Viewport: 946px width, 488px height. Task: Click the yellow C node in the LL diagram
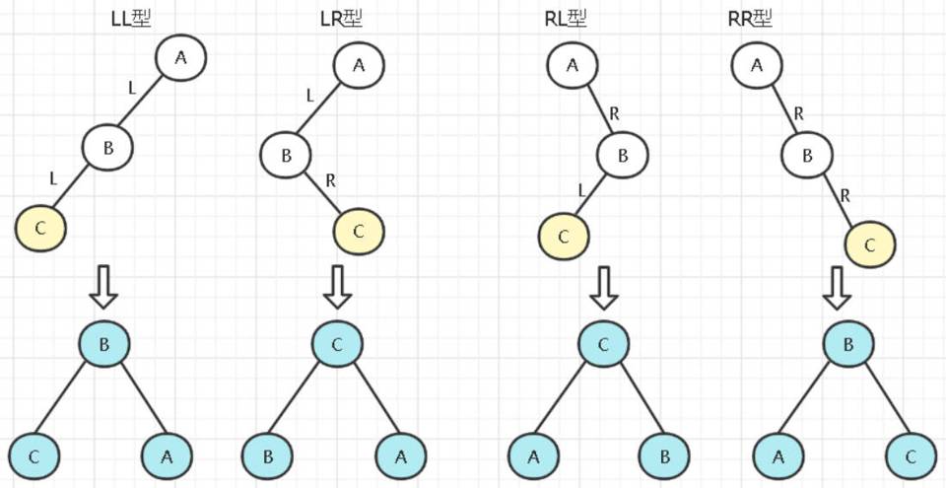(x=40, y=229)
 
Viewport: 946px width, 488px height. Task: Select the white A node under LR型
(x=359, y=65)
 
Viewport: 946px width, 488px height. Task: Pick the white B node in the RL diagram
(x=623, y=155)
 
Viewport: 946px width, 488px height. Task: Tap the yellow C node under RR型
(x=869, y=243)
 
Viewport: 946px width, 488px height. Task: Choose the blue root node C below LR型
(x=338, y=343)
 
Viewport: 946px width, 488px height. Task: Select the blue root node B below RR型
(x=847, y=343)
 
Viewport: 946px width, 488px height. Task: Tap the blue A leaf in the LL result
(x=167, y=455)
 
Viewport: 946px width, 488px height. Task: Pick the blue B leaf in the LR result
(x=267, y=455)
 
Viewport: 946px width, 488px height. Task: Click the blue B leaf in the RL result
(x=664, y=455)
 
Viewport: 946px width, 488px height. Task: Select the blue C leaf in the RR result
(x=911, y=455)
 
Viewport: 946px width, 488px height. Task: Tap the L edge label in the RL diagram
(x=583, y=189)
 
